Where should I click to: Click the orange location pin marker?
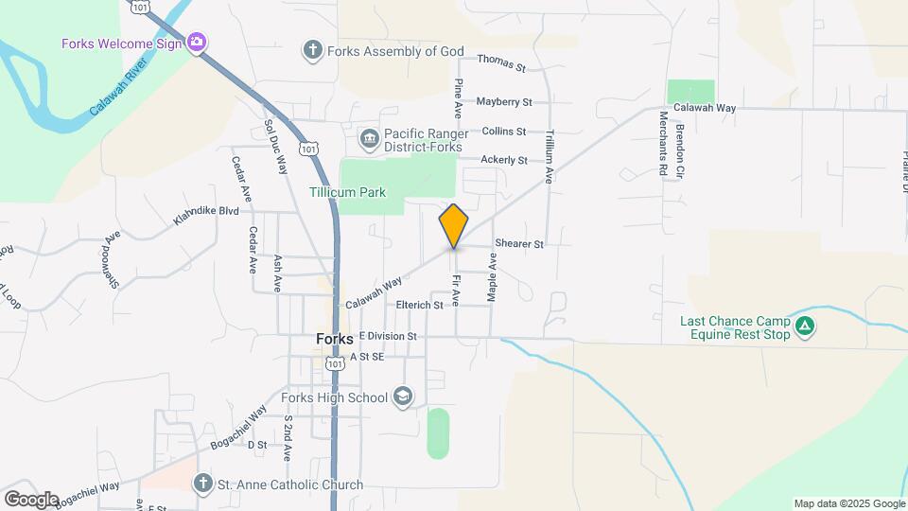point(454,226)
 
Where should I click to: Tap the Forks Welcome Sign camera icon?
point(198,42)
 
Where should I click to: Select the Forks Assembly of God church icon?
point(313,49)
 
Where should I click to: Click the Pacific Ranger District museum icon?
point(370,140)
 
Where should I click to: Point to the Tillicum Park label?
point(348,192)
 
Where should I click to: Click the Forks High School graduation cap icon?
point(403,396)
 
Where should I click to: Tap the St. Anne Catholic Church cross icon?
point(201,485)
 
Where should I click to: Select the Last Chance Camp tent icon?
point(805,327)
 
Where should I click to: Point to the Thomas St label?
point(501,63)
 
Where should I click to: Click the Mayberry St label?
point(504,101)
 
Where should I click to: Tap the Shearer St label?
point(518,244)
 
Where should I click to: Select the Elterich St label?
point(420,305)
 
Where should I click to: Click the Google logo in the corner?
point(31,499)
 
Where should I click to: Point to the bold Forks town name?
point(335,339)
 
